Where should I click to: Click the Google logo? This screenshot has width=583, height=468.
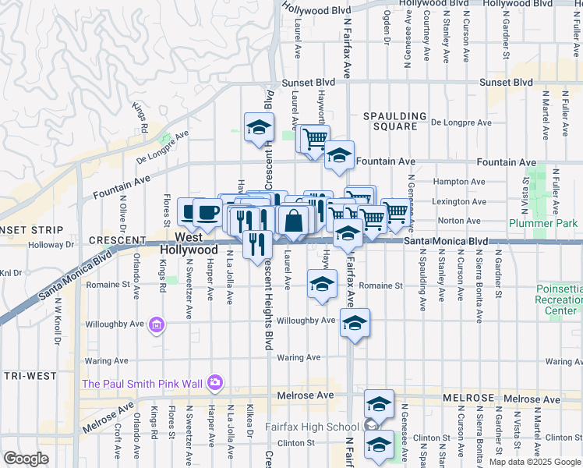[26, 459]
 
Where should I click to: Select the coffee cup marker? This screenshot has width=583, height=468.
[207, 212]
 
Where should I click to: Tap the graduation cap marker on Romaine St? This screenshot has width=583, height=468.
[321, 284]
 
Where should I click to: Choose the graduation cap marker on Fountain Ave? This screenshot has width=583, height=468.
[340, 155]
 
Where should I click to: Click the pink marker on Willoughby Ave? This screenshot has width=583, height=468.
[157, 324]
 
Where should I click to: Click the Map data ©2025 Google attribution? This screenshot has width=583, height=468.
[534, 461]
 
